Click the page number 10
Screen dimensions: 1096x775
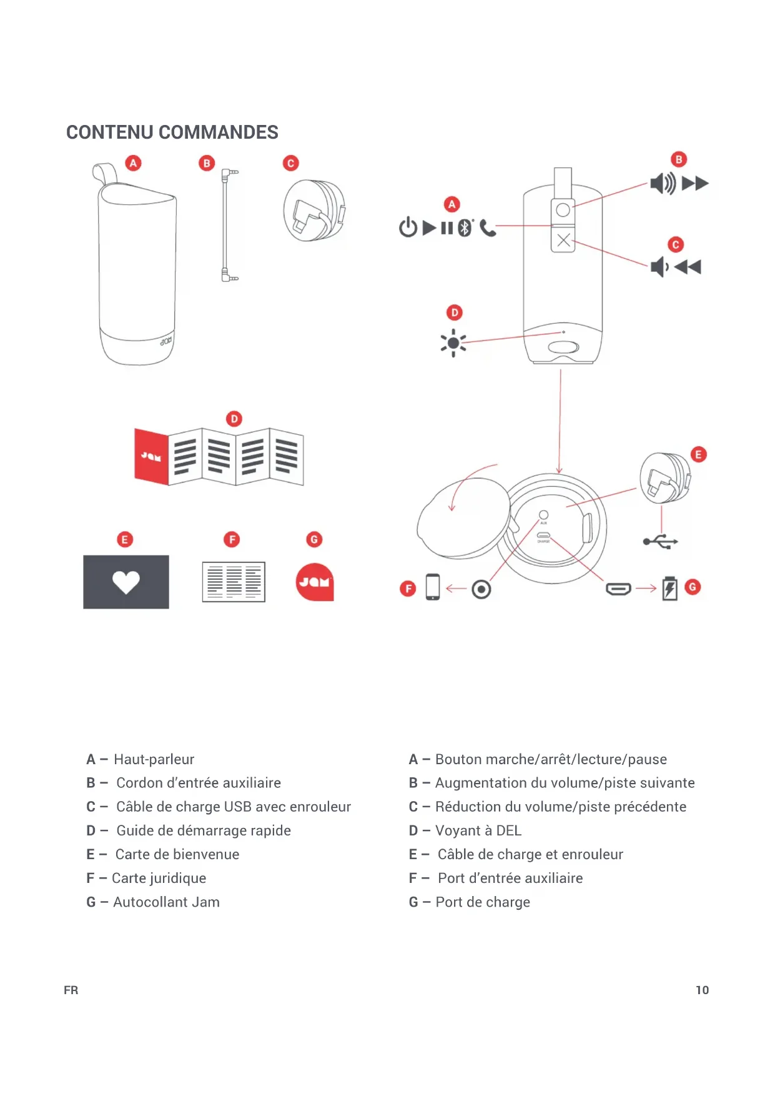[x=702, y=990]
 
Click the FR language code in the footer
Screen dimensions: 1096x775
[x=71, y=990]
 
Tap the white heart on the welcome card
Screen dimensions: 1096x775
[x=126, y=582]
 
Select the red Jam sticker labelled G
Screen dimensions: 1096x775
[x=315, y=582]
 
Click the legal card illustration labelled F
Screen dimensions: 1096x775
[x=234, y=582]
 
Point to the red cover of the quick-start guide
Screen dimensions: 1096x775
[x=152, y=457]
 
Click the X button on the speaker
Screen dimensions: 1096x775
[x=563, y=240]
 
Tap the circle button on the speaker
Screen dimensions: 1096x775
[x=563, y=210]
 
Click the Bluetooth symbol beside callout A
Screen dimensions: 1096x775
[x=465, y=228]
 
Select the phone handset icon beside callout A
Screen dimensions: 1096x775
[x=488, y=229]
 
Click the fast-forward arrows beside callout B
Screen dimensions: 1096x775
[x=695, y=184]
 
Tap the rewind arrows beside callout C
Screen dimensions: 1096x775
[x=688, y=267]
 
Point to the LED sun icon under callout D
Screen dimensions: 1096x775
[x=453, y=343]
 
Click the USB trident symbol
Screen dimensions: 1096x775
[x=661, y=541]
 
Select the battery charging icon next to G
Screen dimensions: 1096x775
[x=669, y=589]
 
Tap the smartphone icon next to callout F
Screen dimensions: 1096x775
[x=432, y=587]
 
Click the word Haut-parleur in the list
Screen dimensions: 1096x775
[x=154, y=759]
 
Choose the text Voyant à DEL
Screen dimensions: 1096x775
[x=478, y=830]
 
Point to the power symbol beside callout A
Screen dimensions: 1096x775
[x=408, y=227]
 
